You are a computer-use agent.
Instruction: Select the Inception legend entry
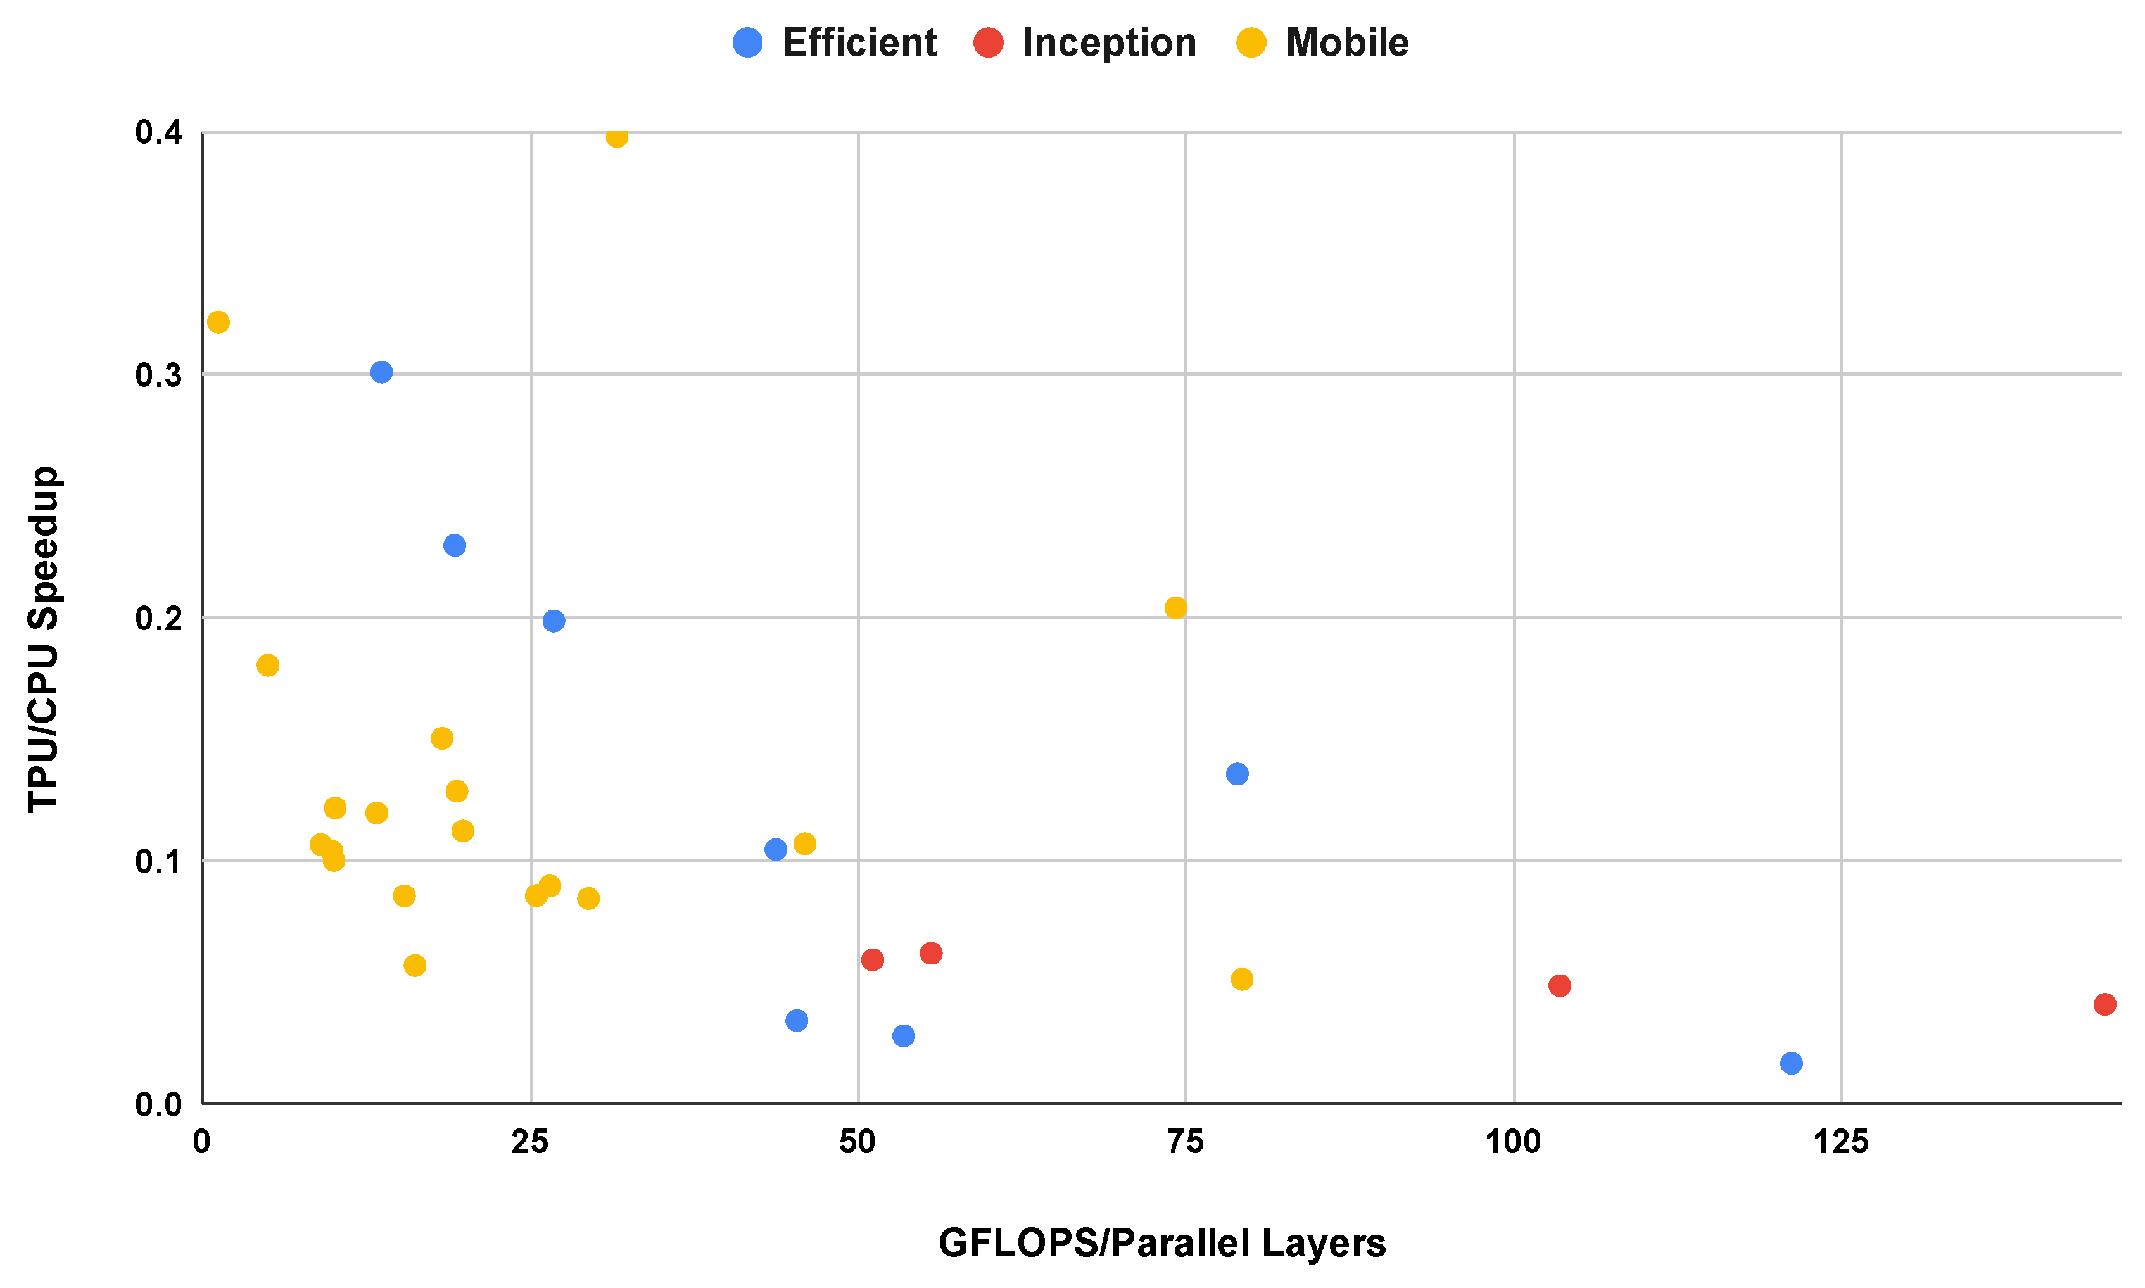click(x=1084, y=42)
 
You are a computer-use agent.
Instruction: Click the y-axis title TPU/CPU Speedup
click(x=44, y=640)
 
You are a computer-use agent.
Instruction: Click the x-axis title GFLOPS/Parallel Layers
click(x=1161, y=1243)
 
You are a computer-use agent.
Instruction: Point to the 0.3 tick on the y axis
click(x=159, y=375)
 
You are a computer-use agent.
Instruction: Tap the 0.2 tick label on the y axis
click(x=159, y=618)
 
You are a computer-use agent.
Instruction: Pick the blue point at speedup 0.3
click(x=381, y=372)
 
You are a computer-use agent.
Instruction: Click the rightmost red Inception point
click(x=2104, y=1004)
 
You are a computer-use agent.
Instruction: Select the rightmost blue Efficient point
click(x=1791, y=1063)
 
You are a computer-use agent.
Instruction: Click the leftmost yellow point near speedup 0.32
click(x=218, y=322)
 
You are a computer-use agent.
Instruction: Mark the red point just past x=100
click(x=1560, y=985)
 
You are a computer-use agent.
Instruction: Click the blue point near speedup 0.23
click(x=455, y=545)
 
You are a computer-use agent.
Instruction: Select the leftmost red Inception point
click(x=873, y=960)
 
